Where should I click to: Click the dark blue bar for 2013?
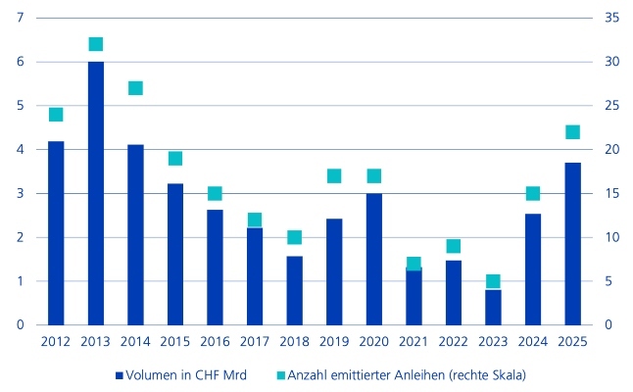(96, 193)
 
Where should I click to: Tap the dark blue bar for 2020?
(374, 259)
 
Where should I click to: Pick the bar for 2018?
(295, 290)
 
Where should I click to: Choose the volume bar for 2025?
(573, 243)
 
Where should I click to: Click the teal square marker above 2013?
(96, 44)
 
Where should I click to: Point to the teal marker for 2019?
(334, 176)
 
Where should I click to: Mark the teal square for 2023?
(494, 281)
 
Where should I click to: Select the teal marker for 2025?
(573, 132)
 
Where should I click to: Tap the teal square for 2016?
(215, 194)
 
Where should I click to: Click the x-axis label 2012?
(56, 342)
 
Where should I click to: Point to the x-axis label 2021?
(414, 342)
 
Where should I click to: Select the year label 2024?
(533, 342)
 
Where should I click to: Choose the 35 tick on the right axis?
(612, 18)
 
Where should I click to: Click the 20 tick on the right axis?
(612, 149)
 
